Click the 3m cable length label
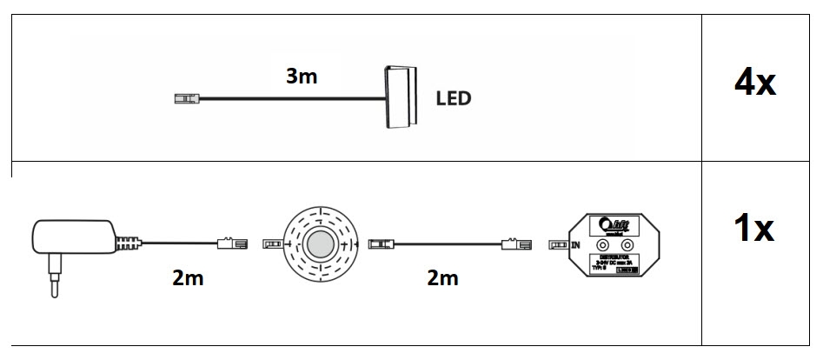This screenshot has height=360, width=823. coord(302,77)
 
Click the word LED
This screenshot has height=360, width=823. coord(453,98)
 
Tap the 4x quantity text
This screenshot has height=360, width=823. coord(754,84)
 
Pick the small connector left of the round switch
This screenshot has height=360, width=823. coord(271,245)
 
